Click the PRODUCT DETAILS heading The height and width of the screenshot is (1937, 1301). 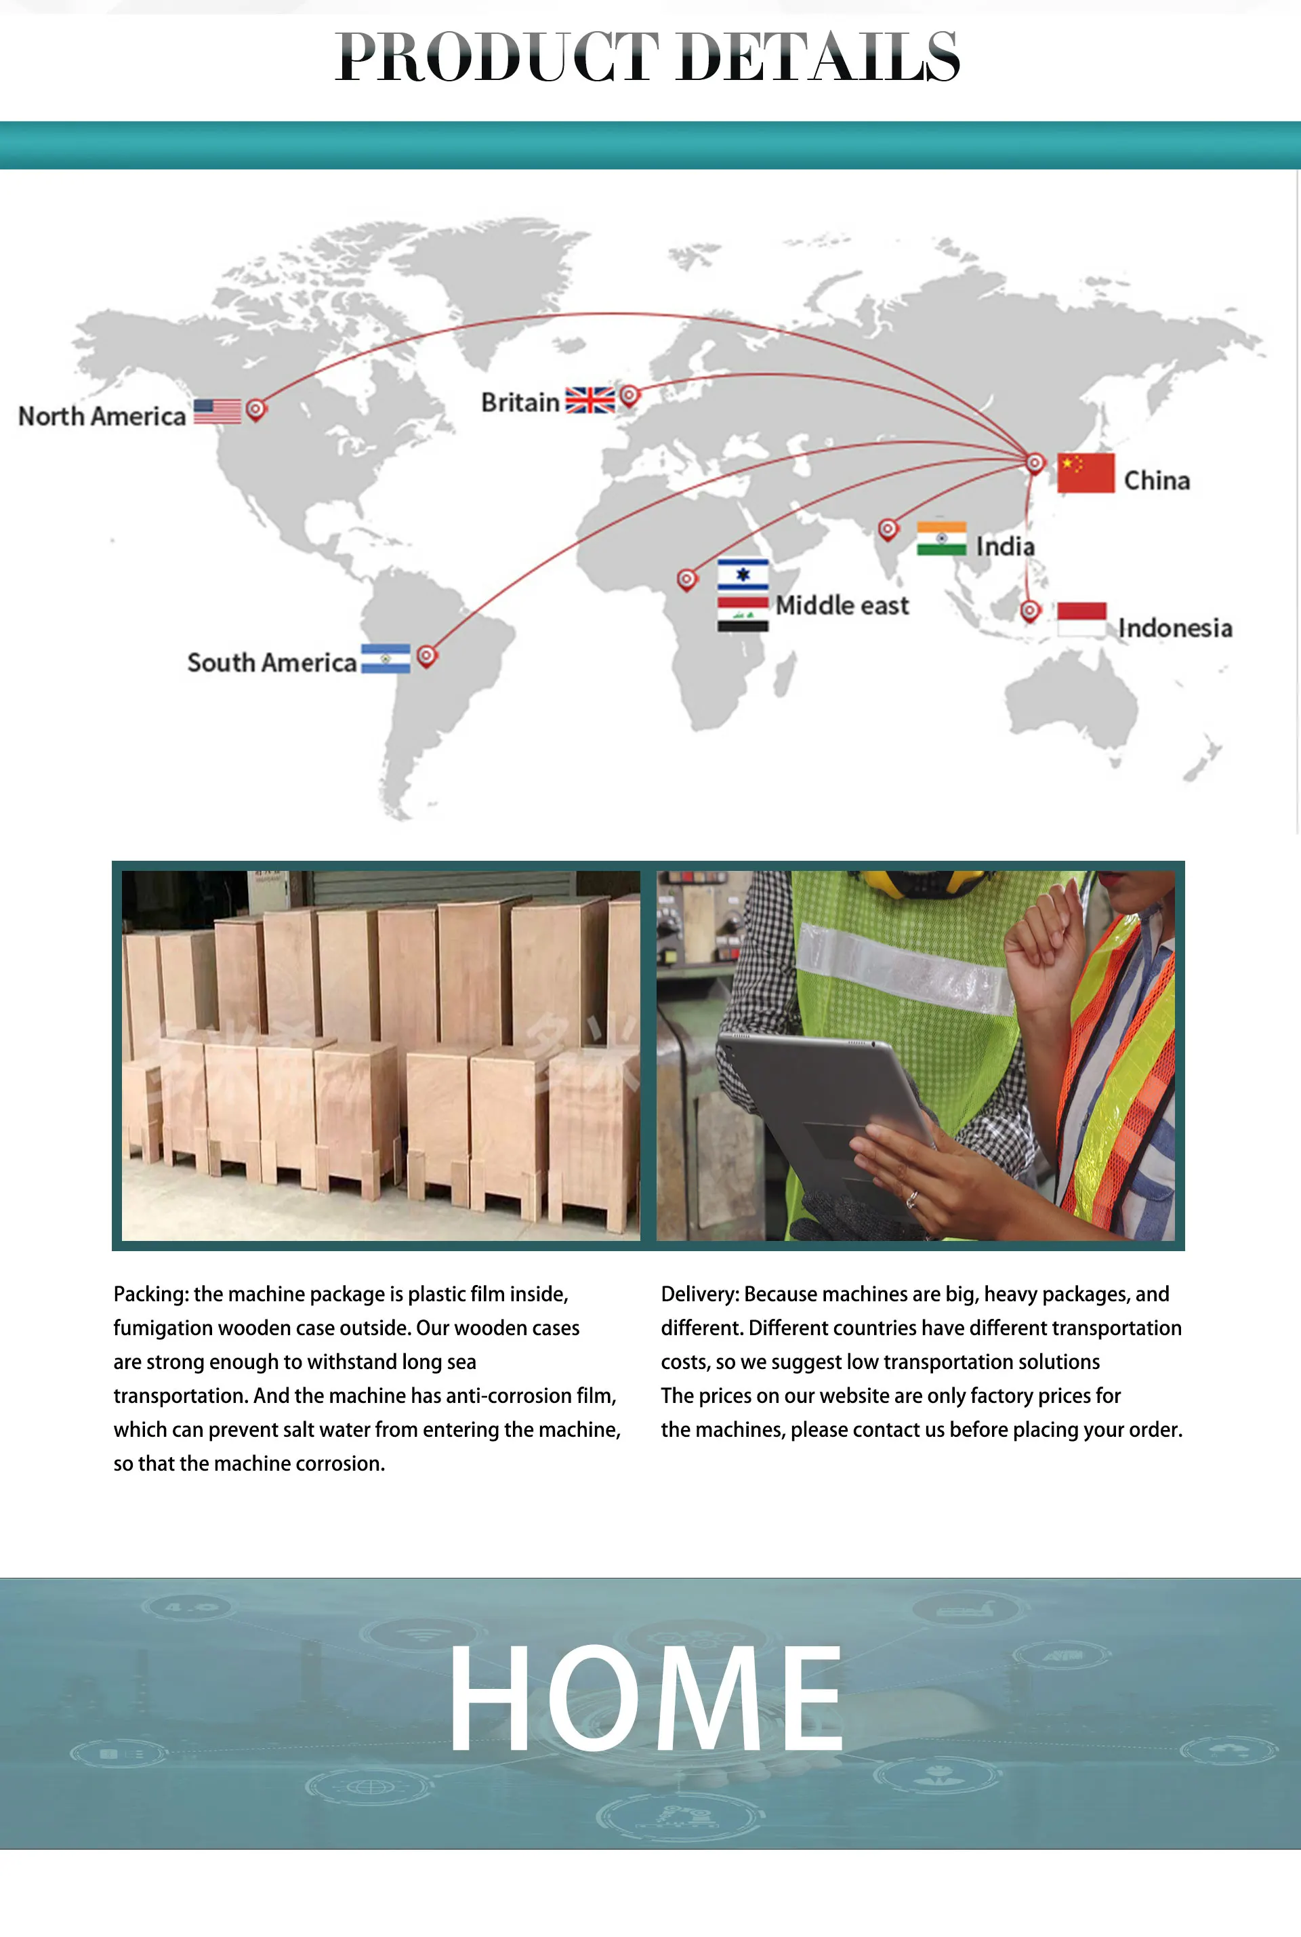tap(648, 56)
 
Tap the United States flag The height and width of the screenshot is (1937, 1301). tap(218, 411)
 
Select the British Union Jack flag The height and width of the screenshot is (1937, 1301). tap(590, 400)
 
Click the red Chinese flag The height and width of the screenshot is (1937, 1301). tap(1086, 472)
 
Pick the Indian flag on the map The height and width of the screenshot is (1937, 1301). tap(941, 537)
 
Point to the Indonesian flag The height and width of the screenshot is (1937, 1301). tap(1081, 619)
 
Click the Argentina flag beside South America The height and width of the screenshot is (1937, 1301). tap(386, 658)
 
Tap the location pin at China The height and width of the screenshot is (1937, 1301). tap(1035, 462)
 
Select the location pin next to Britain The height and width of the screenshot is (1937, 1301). tap(629, 395)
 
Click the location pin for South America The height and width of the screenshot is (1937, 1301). tap(426, 655)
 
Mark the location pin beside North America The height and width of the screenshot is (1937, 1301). tap(256, 408)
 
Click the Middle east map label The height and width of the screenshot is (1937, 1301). tap(842, 606)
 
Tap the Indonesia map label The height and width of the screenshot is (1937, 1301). tap(1174, 628)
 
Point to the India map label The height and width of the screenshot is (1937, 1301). tap(1005, 546)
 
